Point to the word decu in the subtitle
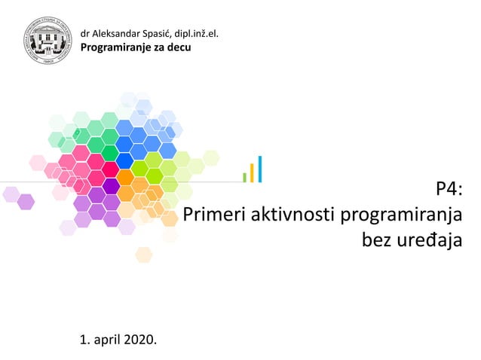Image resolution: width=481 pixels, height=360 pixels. pyautogui.click(x=179, y=47)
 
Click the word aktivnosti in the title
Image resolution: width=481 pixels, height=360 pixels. pyautogui.click(x=292, y=215)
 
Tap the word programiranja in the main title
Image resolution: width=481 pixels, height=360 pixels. pyautogui.click(x=401, y=216)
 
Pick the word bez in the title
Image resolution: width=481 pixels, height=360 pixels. pyautogui.click(x=377, y=241)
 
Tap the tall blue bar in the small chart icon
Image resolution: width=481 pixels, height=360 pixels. pyautogui.click(x=259, y=169)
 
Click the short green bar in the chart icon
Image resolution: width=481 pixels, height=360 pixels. pyautogui.click(x=244, y=177)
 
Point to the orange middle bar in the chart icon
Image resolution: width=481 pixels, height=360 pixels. pyautogui.click(x=252, y=172)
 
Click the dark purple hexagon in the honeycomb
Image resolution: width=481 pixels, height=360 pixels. pyautogui.click(x=111, y=185)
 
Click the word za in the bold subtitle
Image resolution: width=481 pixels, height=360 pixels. pyautogui.click(x=157, y=47)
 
